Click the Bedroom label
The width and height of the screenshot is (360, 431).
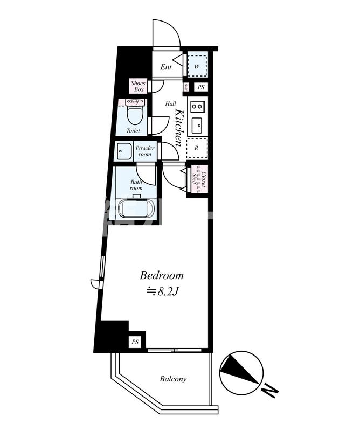click(x=162, y=276)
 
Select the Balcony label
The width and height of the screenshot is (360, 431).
click(x=173, y=379)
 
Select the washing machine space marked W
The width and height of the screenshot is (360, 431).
click(x=197, y=66)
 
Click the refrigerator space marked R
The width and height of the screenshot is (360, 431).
click(x=197, y=148)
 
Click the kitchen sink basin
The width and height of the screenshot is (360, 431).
click(x=197, y=126)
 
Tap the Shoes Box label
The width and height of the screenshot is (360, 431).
click(x=139, y=86)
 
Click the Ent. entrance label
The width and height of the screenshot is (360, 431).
click(x=167, y=67)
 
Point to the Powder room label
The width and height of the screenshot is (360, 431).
click(x=145, y=151)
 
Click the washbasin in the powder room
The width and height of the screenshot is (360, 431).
click(x=123, y=151)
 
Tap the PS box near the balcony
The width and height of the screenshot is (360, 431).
click(x=135, y=342)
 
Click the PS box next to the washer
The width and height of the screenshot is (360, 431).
click(x=201, y=87)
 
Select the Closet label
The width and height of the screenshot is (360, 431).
click(x=204, y=179)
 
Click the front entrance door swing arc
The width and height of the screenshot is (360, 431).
click(x=171, y=26)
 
